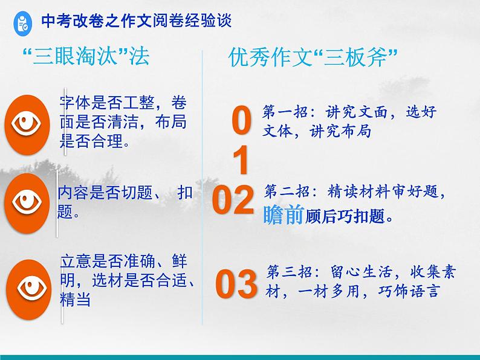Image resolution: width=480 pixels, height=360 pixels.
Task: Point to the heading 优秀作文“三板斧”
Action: [313, 58]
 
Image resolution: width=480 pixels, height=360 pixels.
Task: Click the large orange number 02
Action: [234, 201]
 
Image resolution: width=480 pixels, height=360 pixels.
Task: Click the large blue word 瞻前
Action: [283, 216]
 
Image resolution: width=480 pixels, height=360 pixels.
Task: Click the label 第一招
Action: [283, 112]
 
